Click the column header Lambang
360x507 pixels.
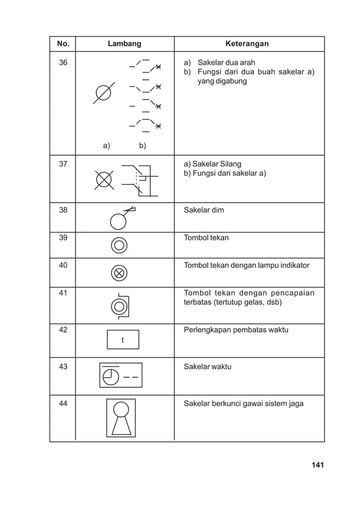[124, 43]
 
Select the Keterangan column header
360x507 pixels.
[247, 43]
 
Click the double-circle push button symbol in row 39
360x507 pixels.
[119, 245]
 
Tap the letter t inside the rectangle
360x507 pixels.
[122, 340]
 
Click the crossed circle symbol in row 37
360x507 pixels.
[104, 180]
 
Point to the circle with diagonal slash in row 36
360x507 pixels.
[104, 93]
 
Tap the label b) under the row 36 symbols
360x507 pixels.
[142, 146]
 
